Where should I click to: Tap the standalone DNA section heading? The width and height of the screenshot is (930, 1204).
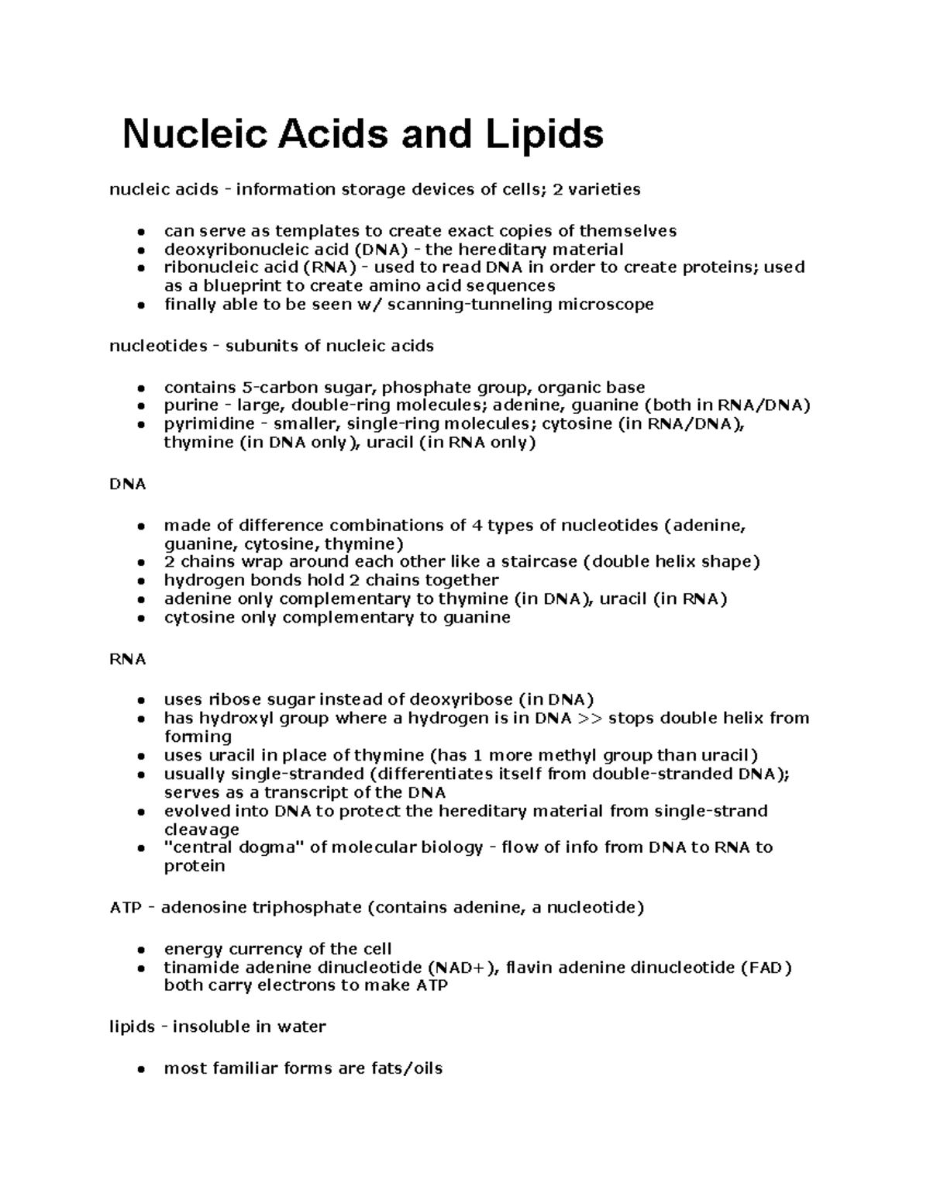click(128, 484)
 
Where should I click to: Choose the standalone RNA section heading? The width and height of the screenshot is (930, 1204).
click(128, 659)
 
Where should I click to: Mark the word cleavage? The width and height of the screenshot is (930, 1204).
click(201, 830)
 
